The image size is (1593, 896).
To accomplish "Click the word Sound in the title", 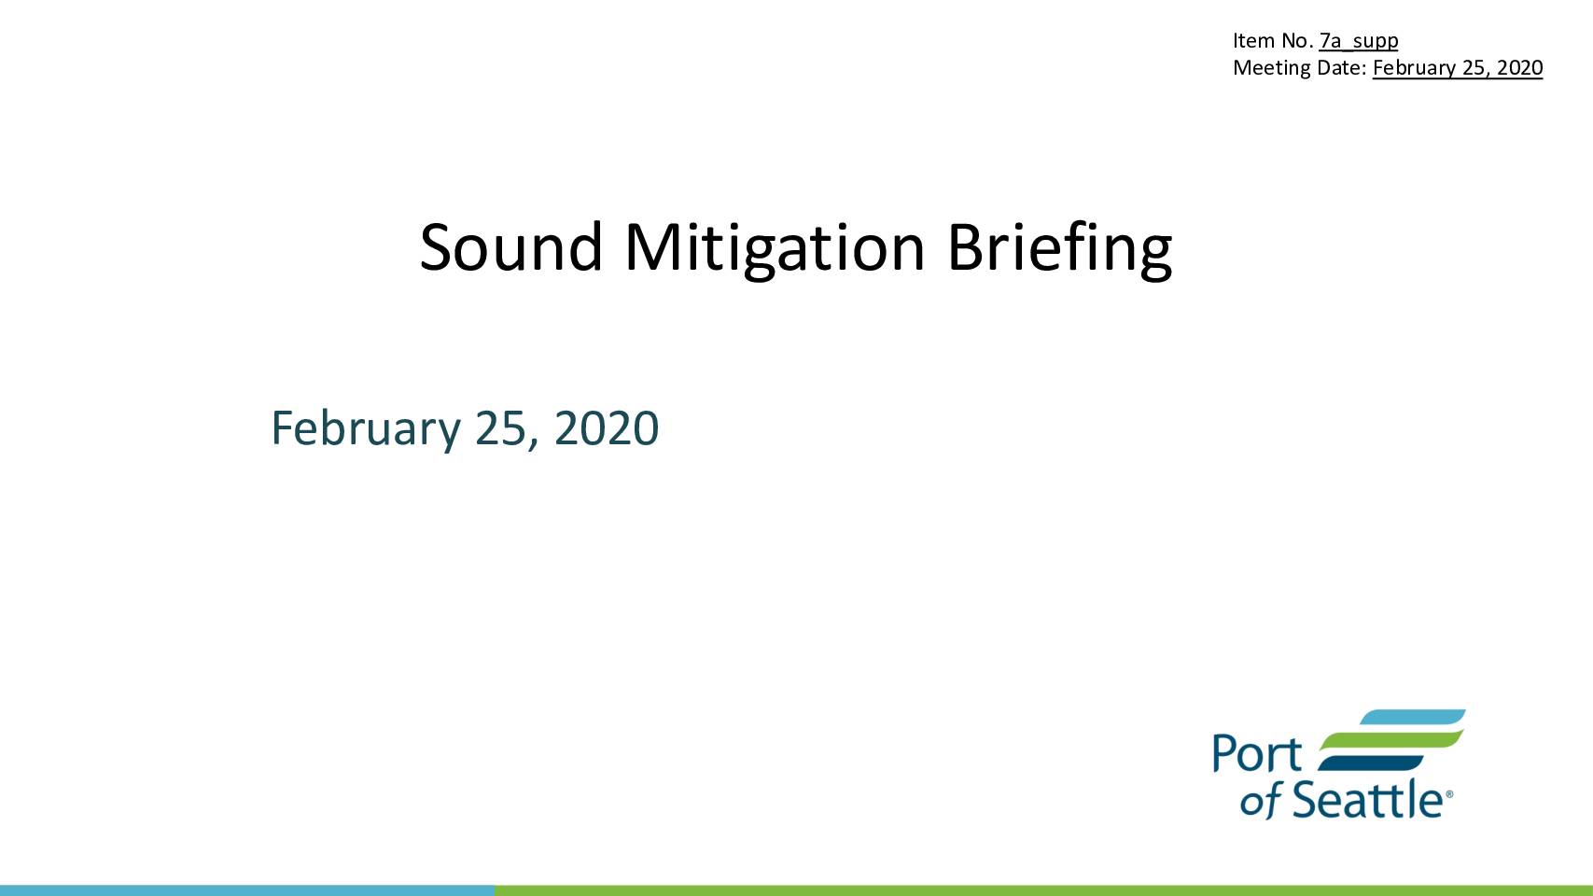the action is point(511,247).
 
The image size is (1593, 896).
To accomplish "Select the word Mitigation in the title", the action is point(775,249).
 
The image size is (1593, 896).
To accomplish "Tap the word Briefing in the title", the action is point(1059,249).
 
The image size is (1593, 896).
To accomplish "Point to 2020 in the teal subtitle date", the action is point(607,428).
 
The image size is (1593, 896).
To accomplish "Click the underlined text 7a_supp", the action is point(1359,41).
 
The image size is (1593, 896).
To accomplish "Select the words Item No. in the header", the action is point(1273,40).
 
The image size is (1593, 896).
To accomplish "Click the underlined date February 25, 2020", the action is point(1457,68).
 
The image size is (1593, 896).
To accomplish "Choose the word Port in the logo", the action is point(1257,753).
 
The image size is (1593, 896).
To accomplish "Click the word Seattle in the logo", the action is point(1367,799).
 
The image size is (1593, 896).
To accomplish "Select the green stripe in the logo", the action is point(1391,739).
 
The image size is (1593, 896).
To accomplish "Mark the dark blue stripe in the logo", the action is point(1370,763).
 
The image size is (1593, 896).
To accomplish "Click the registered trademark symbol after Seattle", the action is point(1448,793).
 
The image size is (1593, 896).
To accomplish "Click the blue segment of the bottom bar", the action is point(246,890).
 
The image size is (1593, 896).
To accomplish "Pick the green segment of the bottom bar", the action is point(1043,890).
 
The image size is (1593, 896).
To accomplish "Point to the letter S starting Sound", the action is point(435,247).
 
